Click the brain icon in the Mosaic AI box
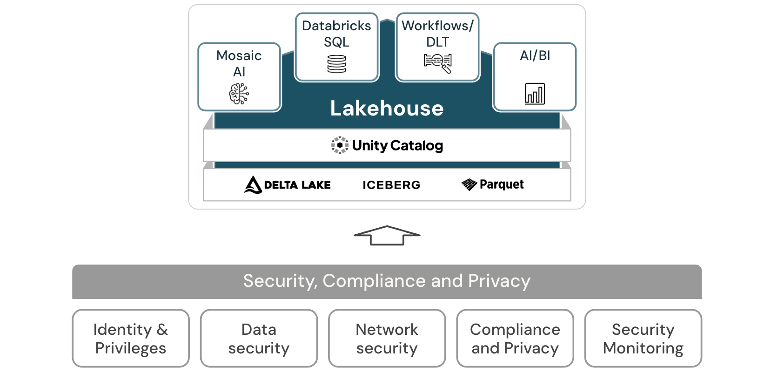point(239,94)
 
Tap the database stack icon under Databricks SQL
point(336,64)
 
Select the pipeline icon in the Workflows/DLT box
point(437,63)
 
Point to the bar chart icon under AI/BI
point(535,94)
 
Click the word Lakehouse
point(387,109)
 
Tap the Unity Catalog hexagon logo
point(340,145)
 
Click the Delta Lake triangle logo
point(253,185)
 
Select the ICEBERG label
point(391,185)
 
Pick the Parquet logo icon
point(469,185)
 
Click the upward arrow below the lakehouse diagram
point(387,235)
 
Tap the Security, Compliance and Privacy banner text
point(387,281)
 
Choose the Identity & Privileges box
point(131,339)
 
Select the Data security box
point(259,339)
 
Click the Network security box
point(387,339)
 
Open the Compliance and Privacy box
point(515,339)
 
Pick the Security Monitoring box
point(643,339)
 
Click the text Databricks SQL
point(336,34)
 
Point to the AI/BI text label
point(535,56)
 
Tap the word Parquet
point(502,184)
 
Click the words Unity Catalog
point(397,146)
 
